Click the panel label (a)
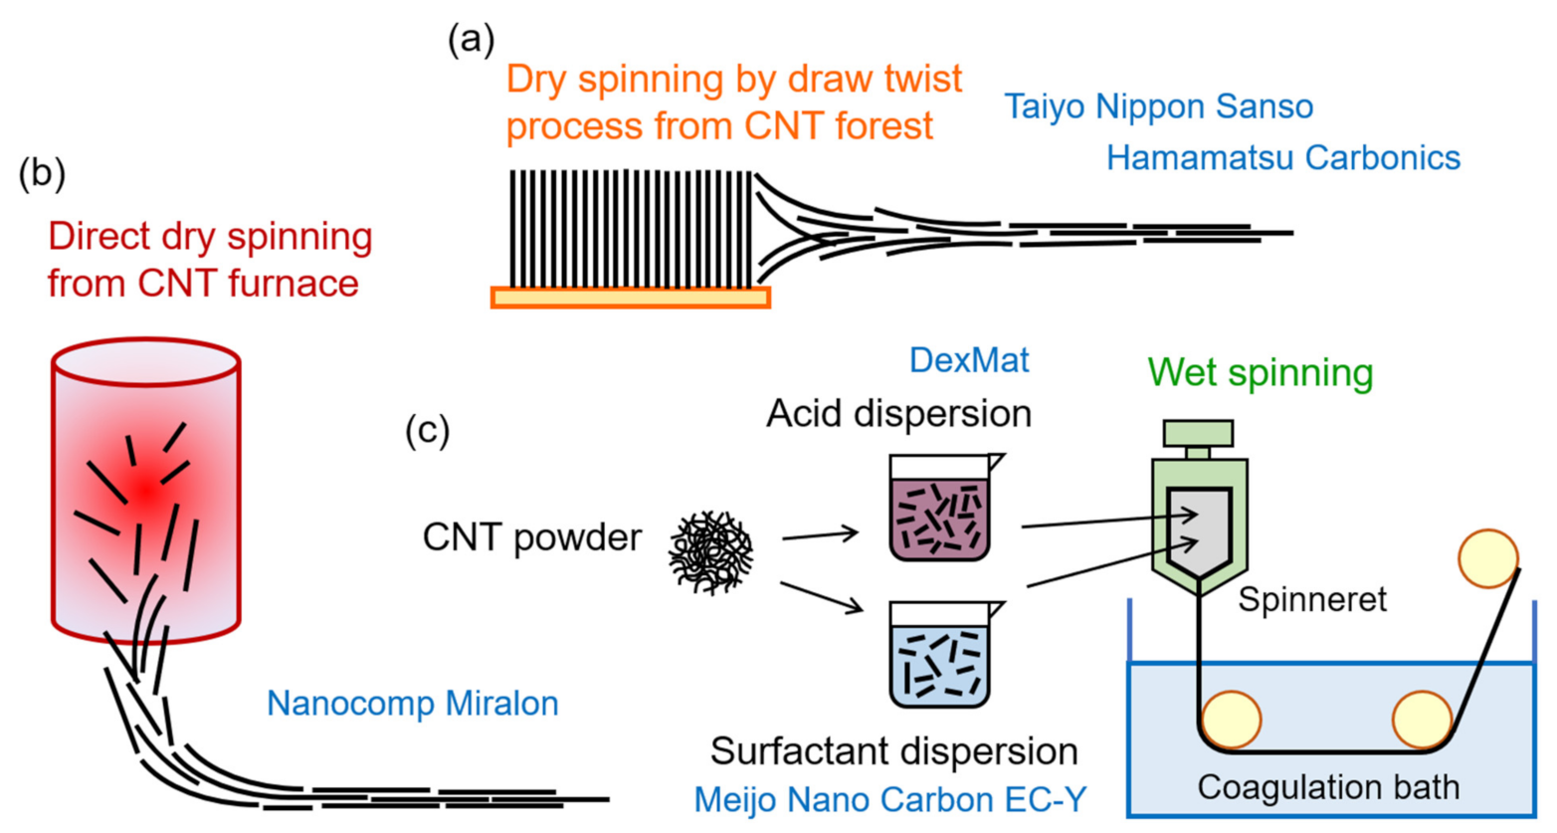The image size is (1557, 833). click(x=471, y=40)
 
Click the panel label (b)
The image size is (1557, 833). click(x=42, y=174)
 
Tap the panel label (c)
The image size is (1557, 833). click(x=428, y=430)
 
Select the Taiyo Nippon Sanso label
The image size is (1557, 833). click(x=1158, y=106)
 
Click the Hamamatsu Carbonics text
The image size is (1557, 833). click(x=1282, y=157)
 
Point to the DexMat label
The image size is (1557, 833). click(x=968, y=360)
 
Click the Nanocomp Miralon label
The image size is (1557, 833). click(x=412, y=704)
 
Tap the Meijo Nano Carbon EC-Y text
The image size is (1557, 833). click(x=889, y=799)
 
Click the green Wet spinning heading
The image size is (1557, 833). click(x=1260, y=372)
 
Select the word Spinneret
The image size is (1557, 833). click(x=1311, y=599)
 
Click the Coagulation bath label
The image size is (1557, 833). click(x=1327, y=787)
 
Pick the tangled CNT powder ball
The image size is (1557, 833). click(x=710, y=552)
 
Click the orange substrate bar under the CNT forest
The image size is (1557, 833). click(x=631, y=297)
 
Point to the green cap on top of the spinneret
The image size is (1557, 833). click(x=1198, y=433)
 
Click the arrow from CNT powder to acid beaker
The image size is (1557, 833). click(x=821, y=535)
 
